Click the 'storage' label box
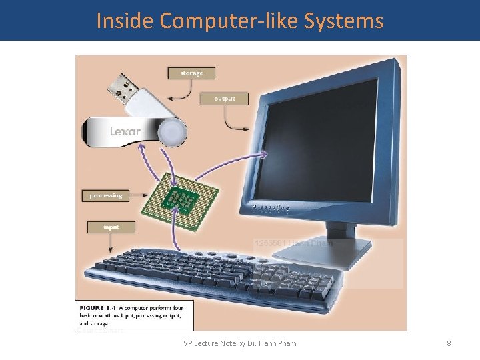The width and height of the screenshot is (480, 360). [192, 73]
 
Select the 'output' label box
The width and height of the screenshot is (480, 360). [224, 99]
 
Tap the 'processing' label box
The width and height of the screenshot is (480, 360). [106, 195]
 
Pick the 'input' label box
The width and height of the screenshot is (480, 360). [111, 227]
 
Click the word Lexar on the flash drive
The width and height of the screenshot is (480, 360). [125, 131]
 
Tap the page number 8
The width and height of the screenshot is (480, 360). [449, 343]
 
